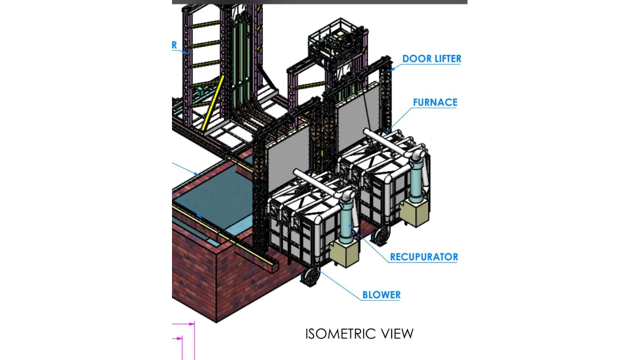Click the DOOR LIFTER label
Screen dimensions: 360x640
click(x=431, y=58)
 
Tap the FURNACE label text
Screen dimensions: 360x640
click(x=434, y=102)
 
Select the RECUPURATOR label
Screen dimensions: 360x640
click(x=423, y=257)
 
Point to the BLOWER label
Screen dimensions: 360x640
click(x=381, y=295)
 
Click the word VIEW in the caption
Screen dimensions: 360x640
click(x=397, y=333)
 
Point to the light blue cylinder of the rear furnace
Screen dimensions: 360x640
click(x=416, y=184)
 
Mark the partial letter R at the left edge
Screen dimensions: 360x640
click(x=174, y=45)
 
